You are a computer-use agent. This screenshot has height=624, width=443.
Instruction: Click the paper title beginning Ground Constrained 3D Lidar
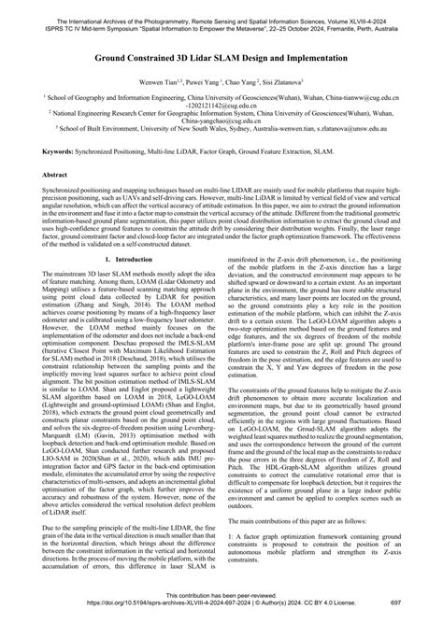click(x=221, y=57)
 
